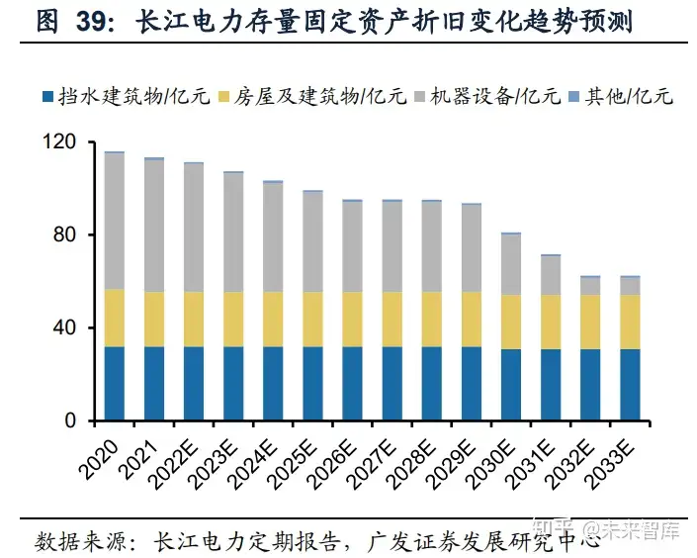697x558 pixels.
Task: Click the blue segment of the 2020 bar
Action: (115, 383)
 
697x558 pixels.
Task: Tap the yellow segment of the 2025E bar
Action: (312, 319)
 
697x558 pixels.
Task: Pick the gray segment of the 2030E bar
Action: (511, 264)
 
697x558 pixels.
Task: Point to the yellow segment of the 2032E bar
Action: (590, 322)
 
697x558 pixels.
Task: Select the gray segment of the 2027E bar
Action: (392, 246)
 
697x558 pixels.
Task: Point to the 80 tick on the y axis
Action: (67, 235)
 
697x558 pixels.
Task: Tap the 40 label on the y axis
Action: (67, 327)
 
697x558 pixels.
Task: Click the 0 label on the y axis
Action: (72, 420)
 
